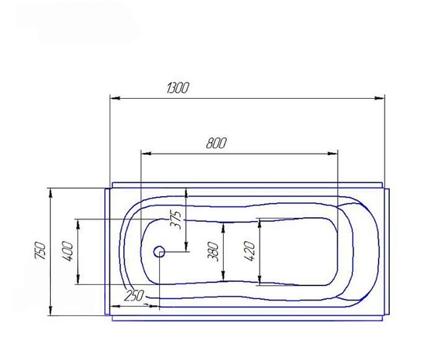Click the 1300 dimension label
tap(178, 87)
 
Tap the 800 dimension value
tap(216, 143)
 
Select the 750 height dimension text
tap(40, 250)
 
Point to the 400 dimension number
tap(68, 251)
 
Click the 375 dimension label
tap(176, 219)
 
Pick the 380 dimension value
tap(213, 251)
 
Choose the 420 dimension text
tap(250, 251)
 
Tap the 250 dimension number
tap(134, 295)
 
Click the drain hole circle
tap(159, 247)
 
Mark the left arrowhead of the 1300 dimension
tap(115, 98)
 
